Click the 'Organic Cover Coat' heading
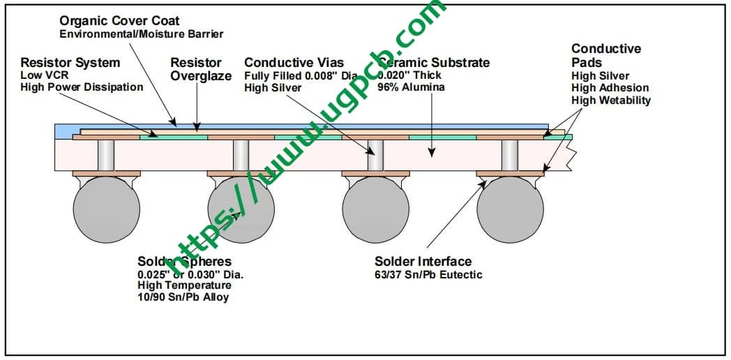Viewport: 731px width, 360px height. coord(119,21)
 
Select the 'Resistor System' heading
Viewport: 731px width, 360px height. coord(70,63)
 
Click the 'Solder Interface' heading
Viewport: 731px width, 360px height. coord(423,262)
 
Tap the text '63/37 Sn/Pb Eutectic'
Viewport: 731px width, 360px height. coord(428,274)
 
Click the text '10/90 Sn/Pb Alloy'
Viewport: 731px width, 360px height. coord(183,297)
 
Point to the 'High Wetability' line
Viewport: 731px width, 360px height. coord(611,100)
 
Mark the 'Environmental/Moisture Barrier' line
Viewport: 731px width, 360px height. coord(142,33)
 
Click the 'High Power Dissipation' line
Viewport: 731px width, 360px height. coord(82,87)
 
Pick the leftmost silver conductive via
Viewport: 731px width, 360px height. coord(107,155)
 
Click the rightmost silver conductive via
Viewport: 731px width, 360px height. coord(510,155)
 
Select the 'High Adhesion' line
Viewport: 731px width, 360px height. coord(610,88)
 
